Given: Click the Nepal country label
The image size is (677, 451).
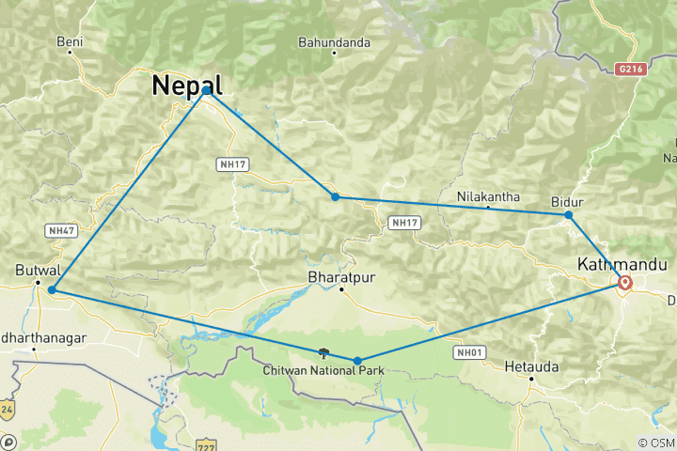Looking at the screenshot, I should (x=187, y=85).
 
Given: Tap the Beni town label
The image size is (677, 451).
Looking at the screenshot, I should (x=71, y=42).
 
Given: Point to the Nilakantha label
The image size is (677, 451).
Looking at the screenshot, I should (x=488, y=196).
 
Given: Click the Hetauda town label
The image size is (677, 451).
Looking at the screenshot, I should (x=531, y=365).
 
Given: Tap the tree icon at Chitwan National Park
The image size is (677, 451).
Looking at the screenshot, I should (x=323, y=353).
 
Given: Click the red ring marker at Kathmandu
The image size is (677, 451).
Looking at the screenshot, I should (x=625, y=282).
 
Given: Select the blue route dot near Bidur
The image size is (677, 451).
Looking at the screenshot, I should (x=569, y=215).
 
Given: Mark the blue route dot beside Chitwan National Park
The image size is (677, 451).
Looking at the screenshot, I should (x=357, y=361).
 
